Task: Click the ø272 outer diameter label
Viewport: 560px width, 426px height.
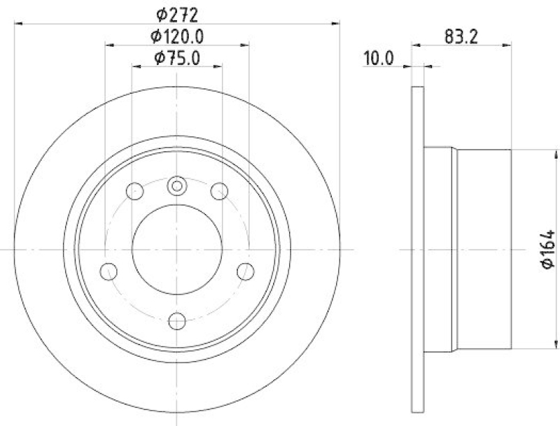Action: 177,13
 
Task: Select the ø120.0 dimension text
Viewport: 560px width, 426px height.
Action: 177,36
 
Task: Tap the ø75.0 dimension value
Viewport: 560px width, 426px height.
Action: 177,59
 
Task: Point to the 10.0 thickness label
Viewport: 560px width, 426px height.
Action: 379,59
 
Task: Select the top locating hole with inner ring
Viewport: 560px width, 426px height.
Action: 177,186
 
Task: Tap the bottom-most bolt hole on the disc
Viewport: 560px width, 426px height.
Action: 177,320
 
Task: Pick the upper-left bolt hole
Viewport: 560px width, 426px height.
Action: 135,190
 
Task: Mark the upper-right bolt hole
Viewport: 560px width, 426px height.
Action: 220,190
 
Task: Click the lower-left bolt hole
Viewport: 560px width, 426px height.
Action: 108,271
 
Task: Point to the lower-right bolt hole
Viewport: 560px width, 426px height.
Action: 246,271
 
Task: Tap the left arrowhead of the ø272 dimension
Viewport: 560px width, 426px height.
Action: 17,22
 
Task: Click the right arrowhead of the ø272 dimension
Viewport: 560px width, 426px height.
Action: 337,22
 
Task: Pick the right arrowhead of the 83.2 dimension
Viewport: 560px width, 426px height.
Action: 507,45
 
